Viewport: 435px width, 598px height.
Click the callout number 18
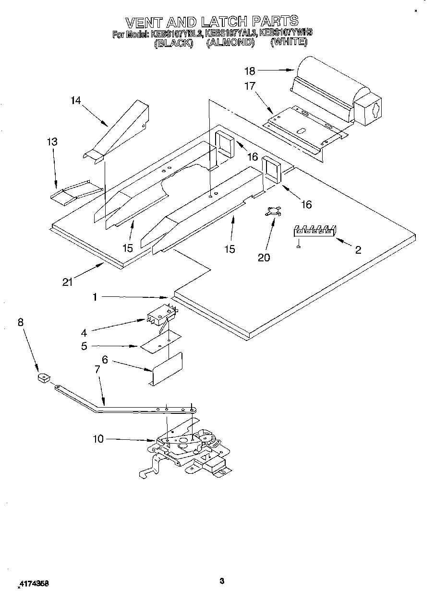point(250,71)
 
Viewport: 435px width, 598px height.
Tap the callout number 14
point(75,100)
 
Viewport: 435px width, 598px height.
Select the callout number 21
point(67,282)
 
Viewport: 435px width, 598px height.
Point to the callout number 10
point(98,439)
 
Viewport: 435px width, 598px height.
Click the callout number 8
point(20,323)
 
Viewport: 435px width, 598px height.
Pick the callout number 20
point(264,258)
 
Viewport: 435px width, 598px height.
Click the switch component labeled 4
point(161,315)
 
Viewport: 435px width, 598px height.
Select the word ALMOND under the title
point(230,43)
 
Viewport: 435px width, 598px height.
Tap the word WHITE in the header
point(289,43)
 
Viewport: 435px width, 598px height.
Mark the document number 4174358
point(34,584)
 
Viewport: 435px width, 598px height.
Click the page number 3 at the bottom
point(221,582)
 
